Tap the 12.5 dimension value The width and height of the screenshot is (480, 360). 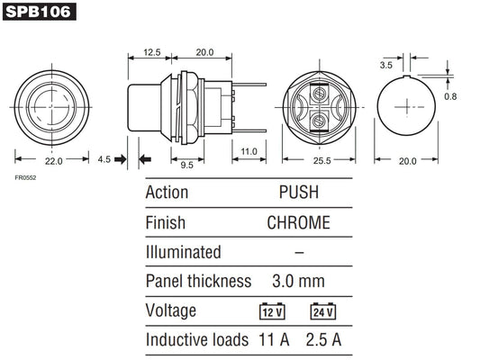(x=151, y=52)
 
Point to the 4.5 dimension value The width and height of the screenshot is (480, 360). (x=104, y=158)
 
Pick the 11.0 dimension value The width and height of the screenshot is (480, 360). (x=249, y=150)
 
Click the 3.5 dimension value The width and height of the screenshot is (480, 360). (x=385, y=65)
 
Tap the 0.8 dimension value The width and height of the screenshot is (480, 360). (x=450, y=95)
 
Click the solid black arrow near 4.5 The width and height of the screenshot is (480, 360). (x=146, y=159)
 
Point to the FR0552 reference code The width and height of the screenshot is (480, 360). (x=25, y=177)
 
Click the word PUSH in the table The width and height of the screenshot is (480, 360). (x=298, y=193)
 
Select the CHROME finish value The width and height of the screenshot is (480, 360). (x=298, y=222)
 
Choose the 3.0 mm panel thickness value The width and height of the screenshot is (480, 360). (x=298, y=281)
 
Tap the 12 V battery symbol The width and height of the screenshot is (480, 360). (x=271, y=311)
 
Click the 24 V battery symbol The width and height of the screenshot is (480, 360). (x=324, y=311)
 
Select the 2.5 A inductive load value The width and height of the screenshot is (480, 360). (x=323, y=340)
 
